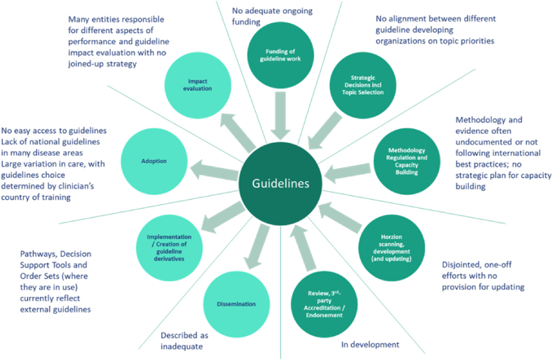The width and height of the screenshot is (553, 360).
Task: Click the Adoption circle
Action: pos(153,160)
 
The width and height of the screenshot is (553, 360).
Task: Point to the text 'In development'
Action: pos(370,345)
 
